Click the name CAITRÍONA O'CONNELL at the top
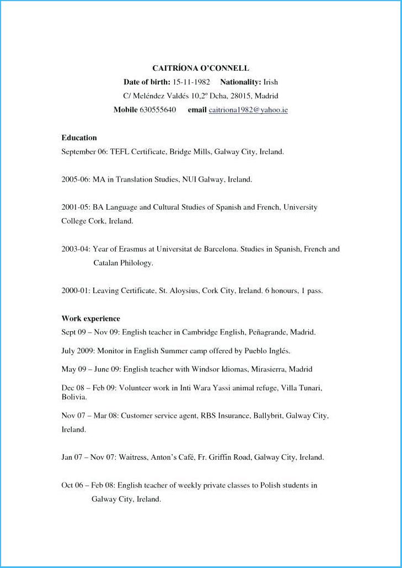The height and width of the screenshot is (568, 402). [x=201, y=68]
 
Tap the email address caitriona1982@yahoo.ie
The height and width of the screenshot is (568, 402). [x=248, y=110]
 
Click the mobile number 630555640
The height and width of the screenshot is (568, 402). [x=158, y=110]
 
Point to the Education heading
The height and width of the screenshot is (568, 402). [x=79, y=138]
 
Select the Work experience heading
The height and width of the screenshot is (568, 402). [x=90, y=318]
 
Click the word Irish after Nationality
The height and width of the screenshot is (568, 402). [x=271, y=82]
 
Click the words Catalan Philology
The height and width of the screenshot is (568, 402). [x=123, y=263]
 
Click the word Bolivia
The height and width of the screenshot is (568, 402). [x=73, y=397]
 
